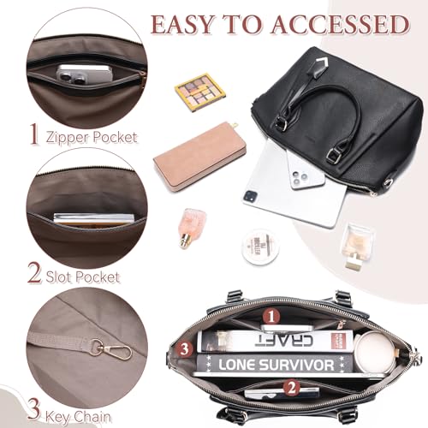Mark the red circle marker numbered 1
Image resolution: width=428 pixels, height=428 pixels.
[x=271, y=317]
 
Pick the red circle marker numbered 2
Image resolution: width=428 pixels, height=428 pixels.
[x=291, y=386]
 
